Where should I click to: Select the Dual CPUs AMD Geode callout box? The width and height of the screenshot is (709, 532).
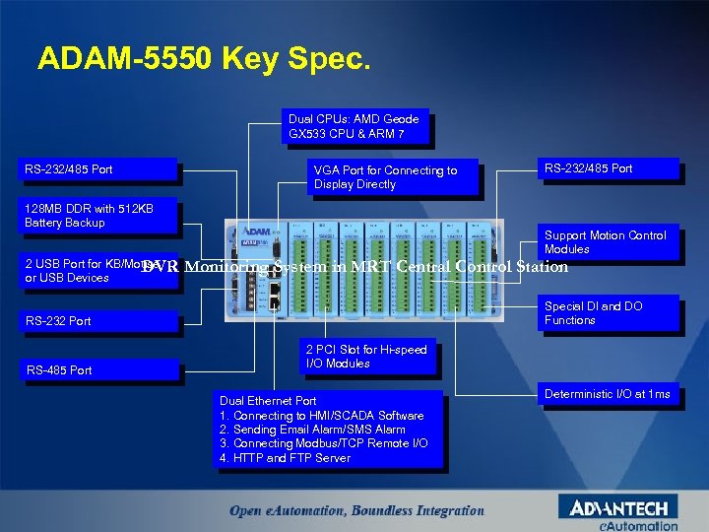click(x=354, y=126)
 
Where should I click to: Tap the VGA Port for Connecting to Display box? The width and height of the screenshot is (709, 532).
click(x=394, y=177)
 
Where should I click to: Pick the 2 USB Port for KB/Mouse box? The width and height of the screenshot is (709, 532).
click(x=84, y=271)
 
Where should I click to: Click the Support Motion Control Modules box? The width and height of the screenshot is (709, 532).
click(x=607, y=242)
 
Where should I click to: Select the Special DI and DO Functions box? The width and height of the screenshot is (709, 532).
click(x=607, y=313)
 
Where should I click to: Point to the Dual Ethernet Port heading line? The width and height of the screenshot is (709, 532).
click(x=268, y=401)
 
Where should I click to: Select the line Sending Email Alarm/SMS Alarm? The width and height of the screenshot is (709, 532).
click(x=312, y=430)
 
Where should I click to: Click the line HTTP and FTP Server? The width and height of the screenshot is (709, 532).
click(x=285, y=458)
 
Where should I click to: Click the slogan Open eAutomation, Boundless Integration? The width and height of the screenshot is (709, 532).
click(x=356, y=510)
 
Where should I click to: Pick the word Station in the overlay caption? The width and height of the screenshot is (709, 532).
click(x=543, y=266)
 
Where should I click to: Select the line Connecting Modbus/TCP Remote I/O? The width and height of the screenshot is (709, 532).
click(x=323, y=443)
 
